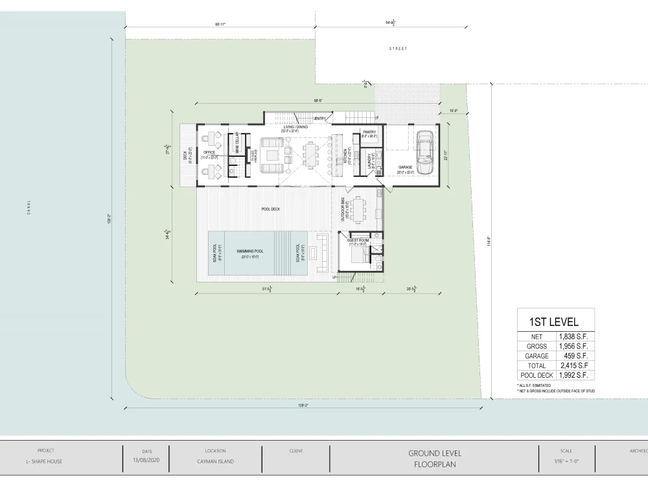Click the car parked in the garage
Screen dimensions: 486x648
pos(424,152)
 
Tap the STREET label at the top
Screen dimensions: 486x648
pos(398,49)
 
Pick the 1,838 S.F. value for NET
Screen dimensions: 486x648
pos(572,337)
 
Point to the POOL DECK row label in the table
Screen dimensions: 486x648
pos(536,375)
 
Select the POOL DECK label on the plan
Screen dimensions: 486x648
pos(270,209)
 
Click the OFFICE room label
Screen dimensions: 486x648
pos(209,152)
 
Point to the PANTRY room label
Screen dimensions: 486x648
pos(369,132)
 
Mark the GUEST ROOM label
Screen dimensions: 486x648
pos(358,240)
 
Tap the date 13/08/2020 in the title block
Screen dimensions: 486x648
pos(146,461)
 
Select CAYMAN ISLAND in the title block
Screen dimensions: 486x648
pos(215,461)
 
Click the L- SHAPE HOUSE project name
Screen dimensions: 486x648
pos(45,461)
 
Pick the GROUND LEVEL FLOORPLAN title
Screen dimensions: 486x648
pos(435,459)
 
